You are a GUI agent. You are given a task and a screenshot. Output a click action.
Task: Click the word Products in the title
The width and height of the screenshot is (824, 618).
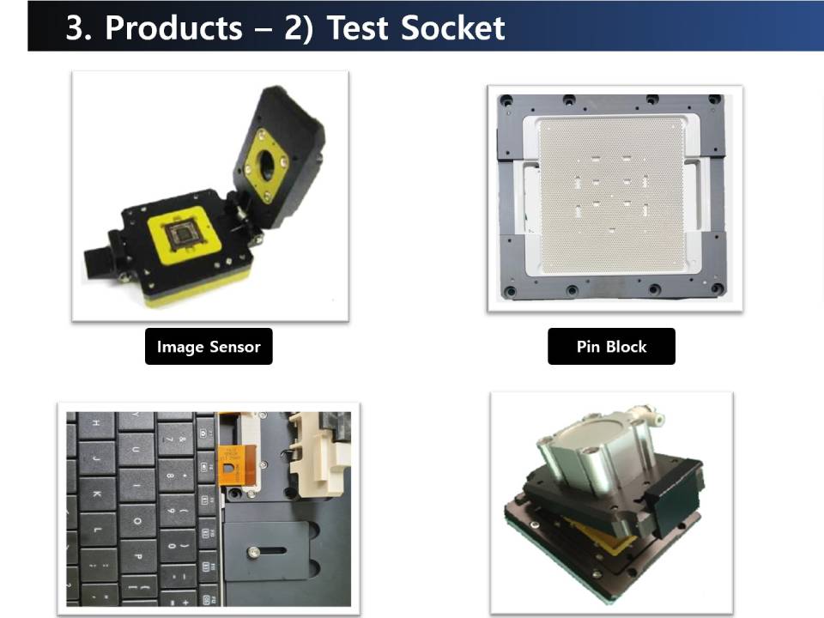(x=173, y=27)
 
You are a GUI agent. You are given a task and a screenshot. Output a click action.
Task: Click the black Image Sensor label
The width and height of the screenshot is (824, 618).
(x=209, y=346)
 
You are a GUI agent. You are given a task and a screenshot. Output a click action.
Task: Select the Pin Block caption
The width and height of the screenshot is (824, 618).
(x=611, y=346)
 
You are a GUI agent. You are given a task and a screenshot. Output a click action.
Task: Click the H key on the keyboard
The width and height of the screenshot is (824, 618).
(x=97, y=423)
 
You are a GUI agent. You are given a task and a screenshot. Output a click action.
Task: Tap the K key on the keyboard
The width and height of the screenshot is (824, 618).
(x=98, y=494)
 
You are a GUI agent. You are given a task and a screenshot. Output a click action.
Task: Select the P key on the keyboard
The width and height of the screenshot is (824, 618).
(x=136, y=556)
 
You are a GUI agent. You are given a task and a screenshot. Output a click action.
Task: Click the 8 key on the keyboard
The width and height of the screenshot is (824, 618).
(x=174, y=476)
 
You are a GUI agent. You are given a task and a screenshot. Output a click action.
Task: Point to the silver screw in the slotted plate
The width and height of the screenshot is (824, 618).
(x=254, y=552)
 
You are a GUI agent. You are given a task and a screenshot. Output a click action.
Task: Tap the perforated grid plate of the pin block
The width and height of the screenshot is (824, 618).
(x=610, y=196)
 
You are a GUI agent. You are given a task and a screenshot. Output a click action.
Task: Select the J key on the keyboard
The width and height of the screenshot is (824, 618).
(x=97, y=457)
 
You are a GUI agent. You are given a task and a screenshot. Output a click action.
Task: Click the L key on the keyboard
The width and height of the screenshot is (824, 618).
(x=98, y=530)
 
